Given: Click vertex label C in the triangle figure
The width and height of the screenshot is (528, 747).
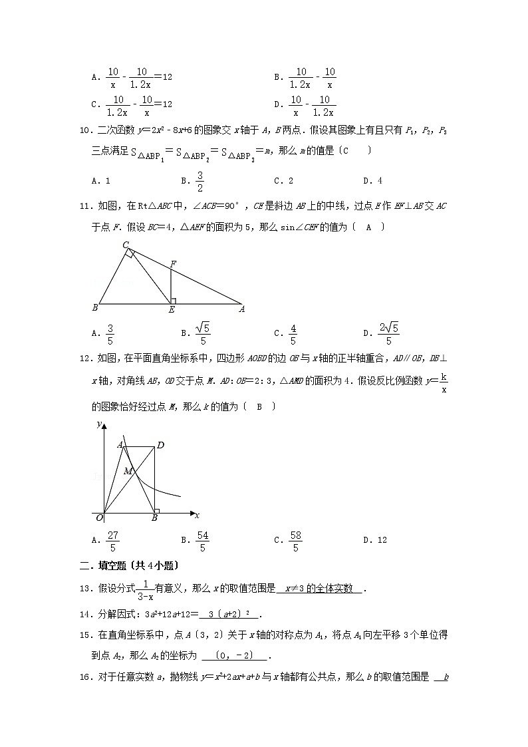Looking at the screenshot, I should [x=124, y=245].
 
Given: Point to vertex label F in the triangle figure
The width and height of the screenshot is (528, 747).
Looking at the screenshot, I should [x=172, y=265].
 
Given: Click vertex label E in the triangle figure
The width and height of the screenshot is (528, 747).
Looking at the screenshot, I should [x=171, y=310].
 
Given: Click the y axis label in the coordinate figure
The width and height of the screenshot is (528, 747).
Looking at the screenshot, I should [x=98, y=424].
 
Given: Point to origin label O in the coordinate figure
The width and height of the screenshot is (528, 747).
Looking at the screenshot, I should [x=98, y=517].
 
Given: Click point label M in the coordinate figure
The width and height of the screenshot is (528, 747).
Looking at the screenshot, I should [x=127, y=471].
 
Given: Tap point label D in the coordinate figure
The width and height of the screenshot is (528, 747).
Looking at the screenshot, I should [x=160, y=445].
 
